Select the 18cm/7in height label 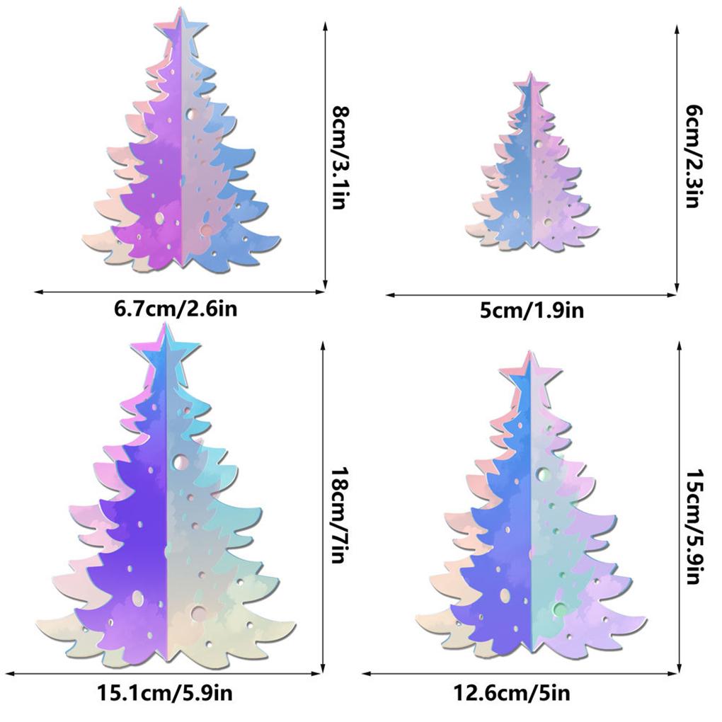340,515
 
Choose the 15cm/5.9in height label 694,527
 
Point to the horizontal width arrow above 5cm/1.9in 531,295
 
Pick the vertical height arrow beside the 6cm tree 677,156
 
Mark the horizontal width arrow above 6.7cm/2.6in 180,291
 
